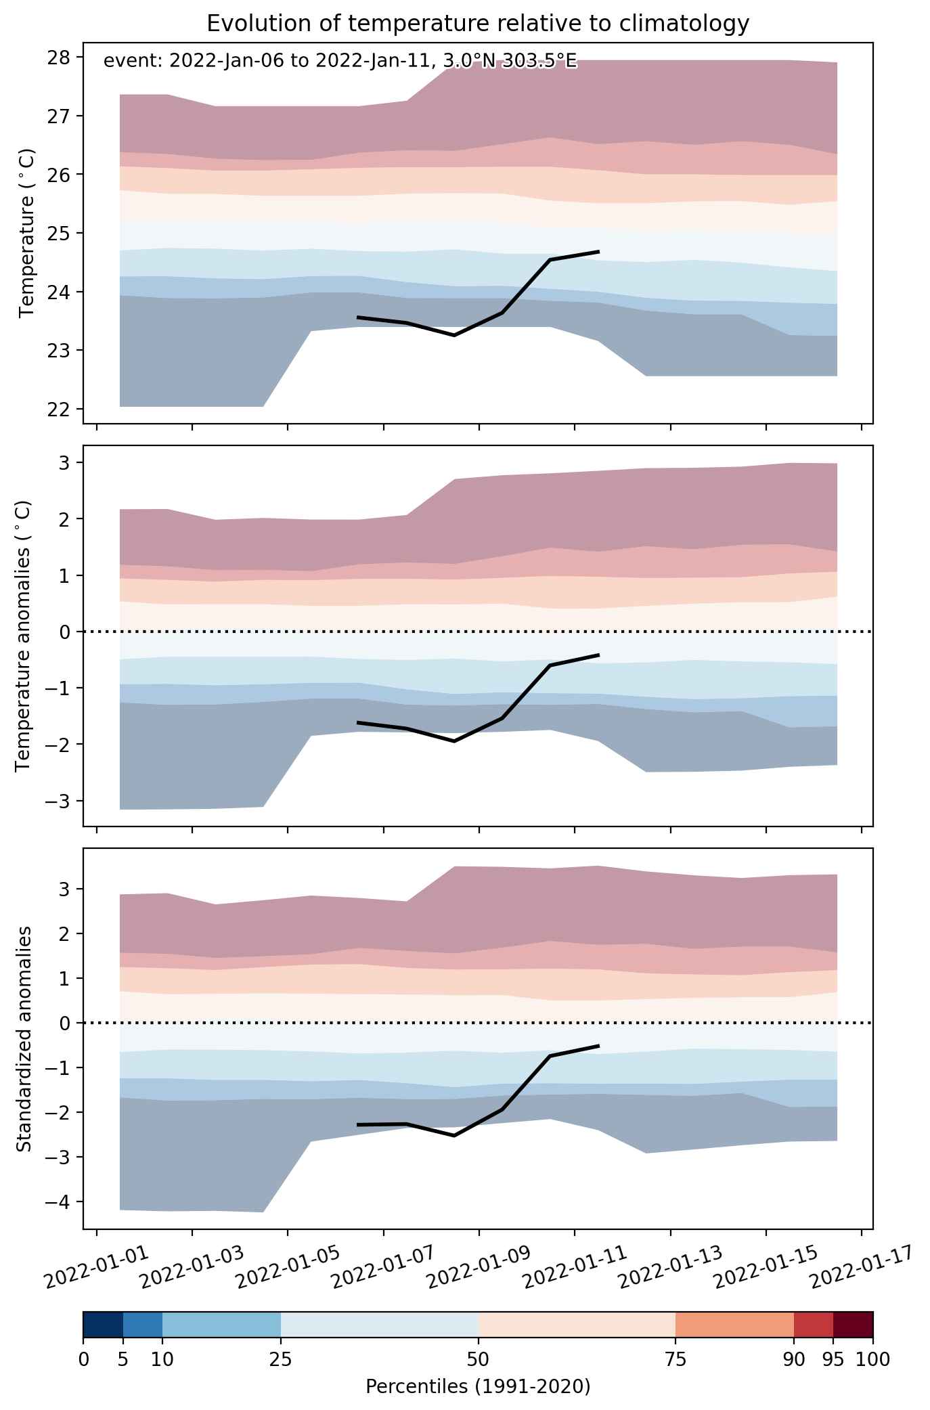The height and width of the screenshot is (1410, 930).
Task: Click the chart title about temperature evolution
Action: coord(478,24)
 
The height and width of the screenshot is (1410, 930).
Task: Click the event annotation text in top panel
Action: coord(340,62)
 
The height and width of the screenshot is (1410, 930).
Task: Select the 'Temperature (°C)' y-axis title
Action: coord(27,233)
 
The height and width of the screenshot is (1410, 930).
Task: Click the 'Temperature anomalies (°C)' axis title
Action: coord(24,636)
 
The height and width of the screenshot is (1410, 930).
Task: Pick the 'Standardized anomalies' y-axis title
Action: coord(24,1038)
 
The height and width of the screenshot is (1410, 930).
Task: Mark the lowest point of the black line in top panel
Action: coord(453,335)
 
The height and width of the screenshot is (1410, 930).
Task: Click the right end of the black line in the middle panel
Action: coord(599,655)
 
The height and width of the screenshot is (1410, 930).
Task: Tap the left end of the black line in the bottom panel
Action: coord(357,1124)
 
